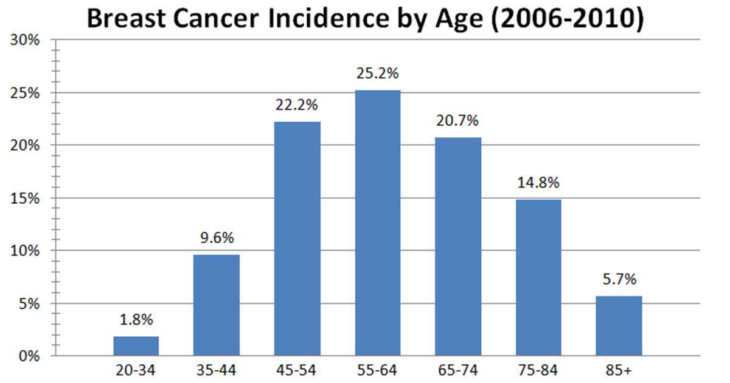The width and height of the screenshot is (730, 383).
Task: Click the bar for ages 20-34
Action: [x=136, y=346]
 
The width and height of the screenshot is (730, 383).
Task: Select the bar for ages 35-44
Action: [x=216, y=305]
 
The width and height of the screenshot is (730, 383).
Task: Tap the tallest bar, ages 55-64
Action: [x=377, y=223]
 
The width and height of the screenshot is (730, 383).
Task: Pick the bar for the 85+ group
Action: [x=619, y=326]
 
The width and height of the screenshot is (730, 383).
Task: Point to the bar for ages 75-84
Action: [x=538, y=278]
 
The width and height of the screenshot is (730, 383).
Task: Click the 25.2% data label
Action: [x=377, y=74]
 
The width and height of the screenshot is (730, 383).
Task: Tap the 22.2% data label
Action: [x=297, y=106]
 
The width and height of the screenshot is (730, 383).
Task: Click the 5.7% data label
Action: [x=619, y=280]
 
